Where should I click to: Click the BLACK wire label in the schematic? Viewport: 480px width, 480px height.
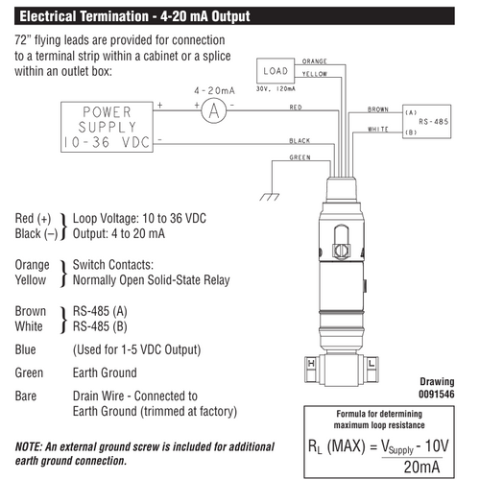pyautogui.click(x=299, y=140)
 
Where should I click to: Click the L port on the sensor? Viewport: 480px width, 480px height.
pyautogui.click(x=369, y=364)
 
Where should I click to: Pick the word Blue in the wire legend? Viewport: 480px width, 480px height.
pyautogui.click(x=26, y=349)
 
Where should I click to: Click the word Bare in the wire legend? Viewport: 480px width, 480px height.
pyautogui.click(x=26, y=395)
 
